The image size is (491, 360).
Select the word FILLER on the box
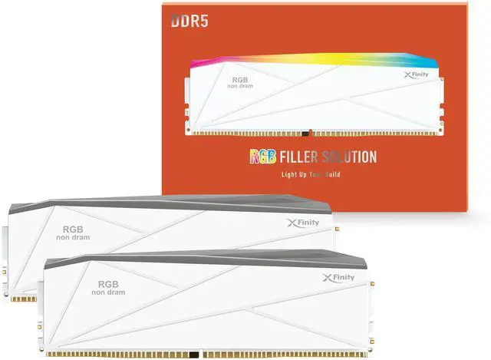click(x=301, y=157)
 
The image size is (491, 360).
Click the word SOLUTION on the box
click(x=350, y=157)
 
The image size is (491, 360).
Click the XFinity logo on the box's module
click(x=416, y=75)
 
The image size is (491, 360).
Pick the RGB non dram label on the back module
click(x=72, y=233)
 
